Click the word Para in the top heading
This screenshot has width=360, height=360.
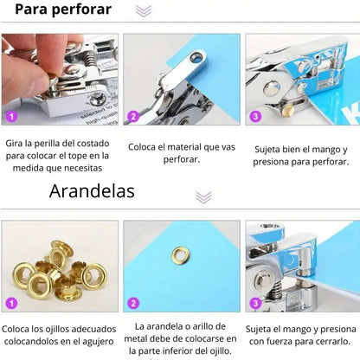tap(31, 10)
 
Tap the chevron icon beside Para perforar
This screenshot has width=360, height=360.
tap(144, 11)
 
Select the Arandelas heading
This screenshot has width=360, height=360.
tap(92, 191)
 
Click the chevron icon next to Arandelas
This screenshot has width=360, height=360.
tap(203, 197)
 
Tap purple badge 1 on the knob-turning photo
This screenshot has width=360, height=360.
tap(11, 117)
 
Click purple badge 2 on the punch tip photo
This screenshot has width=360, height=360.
tap(133, 117)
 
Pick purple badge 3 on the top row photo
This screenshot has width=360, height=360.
tap(255, 117)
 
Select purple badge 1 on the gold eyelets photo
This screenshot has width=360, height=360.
tap(11, 303)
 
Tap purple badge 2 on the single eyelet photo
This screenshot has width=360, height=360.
tap(133, 303)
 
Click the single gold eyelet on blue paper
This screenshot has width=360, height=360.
tap(181, 255)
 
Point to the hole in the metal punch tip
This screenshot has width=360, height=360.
tap(196, 57)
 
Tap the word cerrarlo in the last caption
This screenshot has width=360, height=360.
tap(332, 342)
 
